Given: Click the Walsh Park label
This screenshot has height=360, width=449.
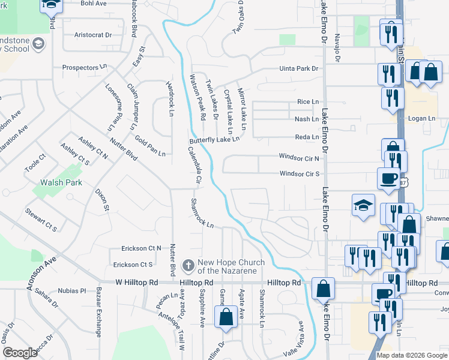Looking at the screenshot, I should point(61,182).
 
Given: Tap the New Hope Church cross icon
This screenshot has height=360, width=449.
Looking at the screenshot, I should point(188,265).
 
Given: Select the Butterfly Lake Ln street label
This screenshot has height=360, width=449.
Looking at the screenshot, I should point(214,140).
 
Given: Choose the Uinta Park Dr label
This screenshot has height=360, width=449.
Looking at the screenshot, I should point(298,69).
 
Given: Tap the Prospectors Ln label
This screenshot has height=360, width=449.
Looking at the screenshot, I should point(84,68).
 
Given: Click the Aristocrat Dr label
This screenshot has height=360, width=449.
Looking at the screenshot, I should point(93,35).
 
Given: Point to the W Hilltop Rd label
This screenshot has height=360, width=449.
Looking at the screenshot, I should point(137,282).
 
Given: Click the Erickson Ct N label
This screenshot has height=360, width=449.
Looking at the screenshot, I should point(141,248).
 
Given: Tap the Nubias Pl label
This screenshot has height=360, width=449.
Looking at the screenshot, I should point(72,291).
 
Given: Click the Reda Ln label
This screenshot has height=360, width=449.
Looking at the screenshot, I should point(307,137).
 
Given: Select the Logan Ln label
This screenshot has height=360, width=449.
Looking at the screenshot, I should point(421,119).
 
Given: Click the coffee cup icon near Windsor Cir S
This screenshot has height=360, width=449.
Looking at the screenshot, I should point(388,178).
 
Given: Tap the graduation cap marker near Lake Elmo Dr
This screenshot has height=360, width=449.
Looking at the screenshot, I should point(363,206).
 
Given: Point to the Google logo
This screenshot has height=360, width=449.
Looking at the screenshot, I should point(20,353).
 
